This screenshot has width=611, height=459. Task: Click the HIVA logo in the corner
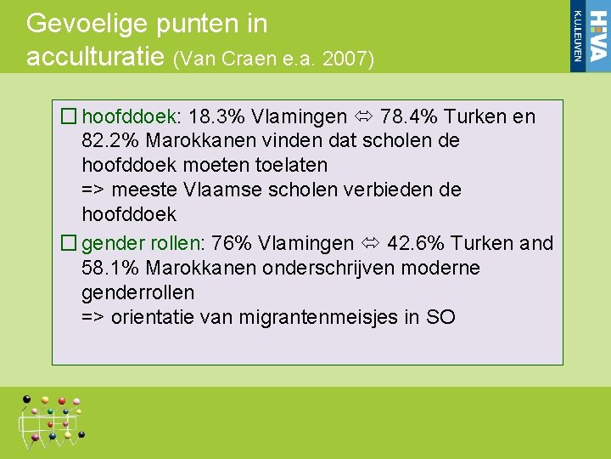tap(589, 36)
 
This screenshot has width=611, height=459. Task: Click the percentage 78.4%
tap(410, 116)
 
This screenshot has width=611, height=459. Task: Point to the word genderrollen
tap(137, 292)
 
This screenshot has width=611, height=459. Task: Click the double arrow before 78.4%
tap(364, 116)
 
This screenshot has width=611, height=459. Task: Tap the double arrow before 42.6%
tap(370, 243)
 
